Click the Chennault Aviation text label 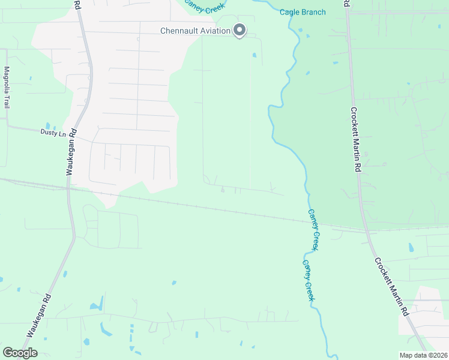195,31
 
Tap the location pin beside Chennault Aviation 240,29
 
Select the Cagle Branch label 303,12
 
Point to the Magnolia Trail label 7,87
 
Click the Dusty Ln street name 52,132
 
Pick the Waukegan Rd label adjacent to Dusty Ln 71,152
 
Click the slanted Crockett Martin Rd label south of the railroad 391,287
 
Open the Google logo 20,353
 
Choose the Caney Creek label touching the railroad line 315,229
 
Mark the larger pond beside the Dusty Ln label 47,126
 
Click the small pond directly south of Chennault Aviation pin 255,56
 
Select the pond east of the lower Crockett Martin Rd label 411,247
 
